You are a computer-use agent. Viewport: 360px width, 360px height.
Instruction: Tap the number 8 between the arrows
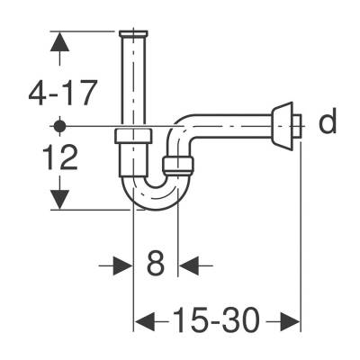point(156,265)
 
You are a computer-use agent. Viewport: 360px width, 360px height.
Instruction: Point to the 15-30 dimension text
point(217,321)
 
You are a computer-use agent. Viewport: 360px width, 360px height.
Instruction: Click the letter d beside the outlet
point(328,122)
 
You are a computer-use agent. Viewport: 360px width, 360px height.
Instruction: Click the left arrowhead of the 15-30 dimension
point(144,321)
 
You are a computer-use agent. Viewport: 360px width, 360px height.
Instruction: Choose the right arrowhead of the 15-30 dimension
point(289,321)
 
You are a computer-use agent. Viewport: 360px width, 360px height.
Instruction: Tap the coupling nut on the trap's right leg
point(177,165)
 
